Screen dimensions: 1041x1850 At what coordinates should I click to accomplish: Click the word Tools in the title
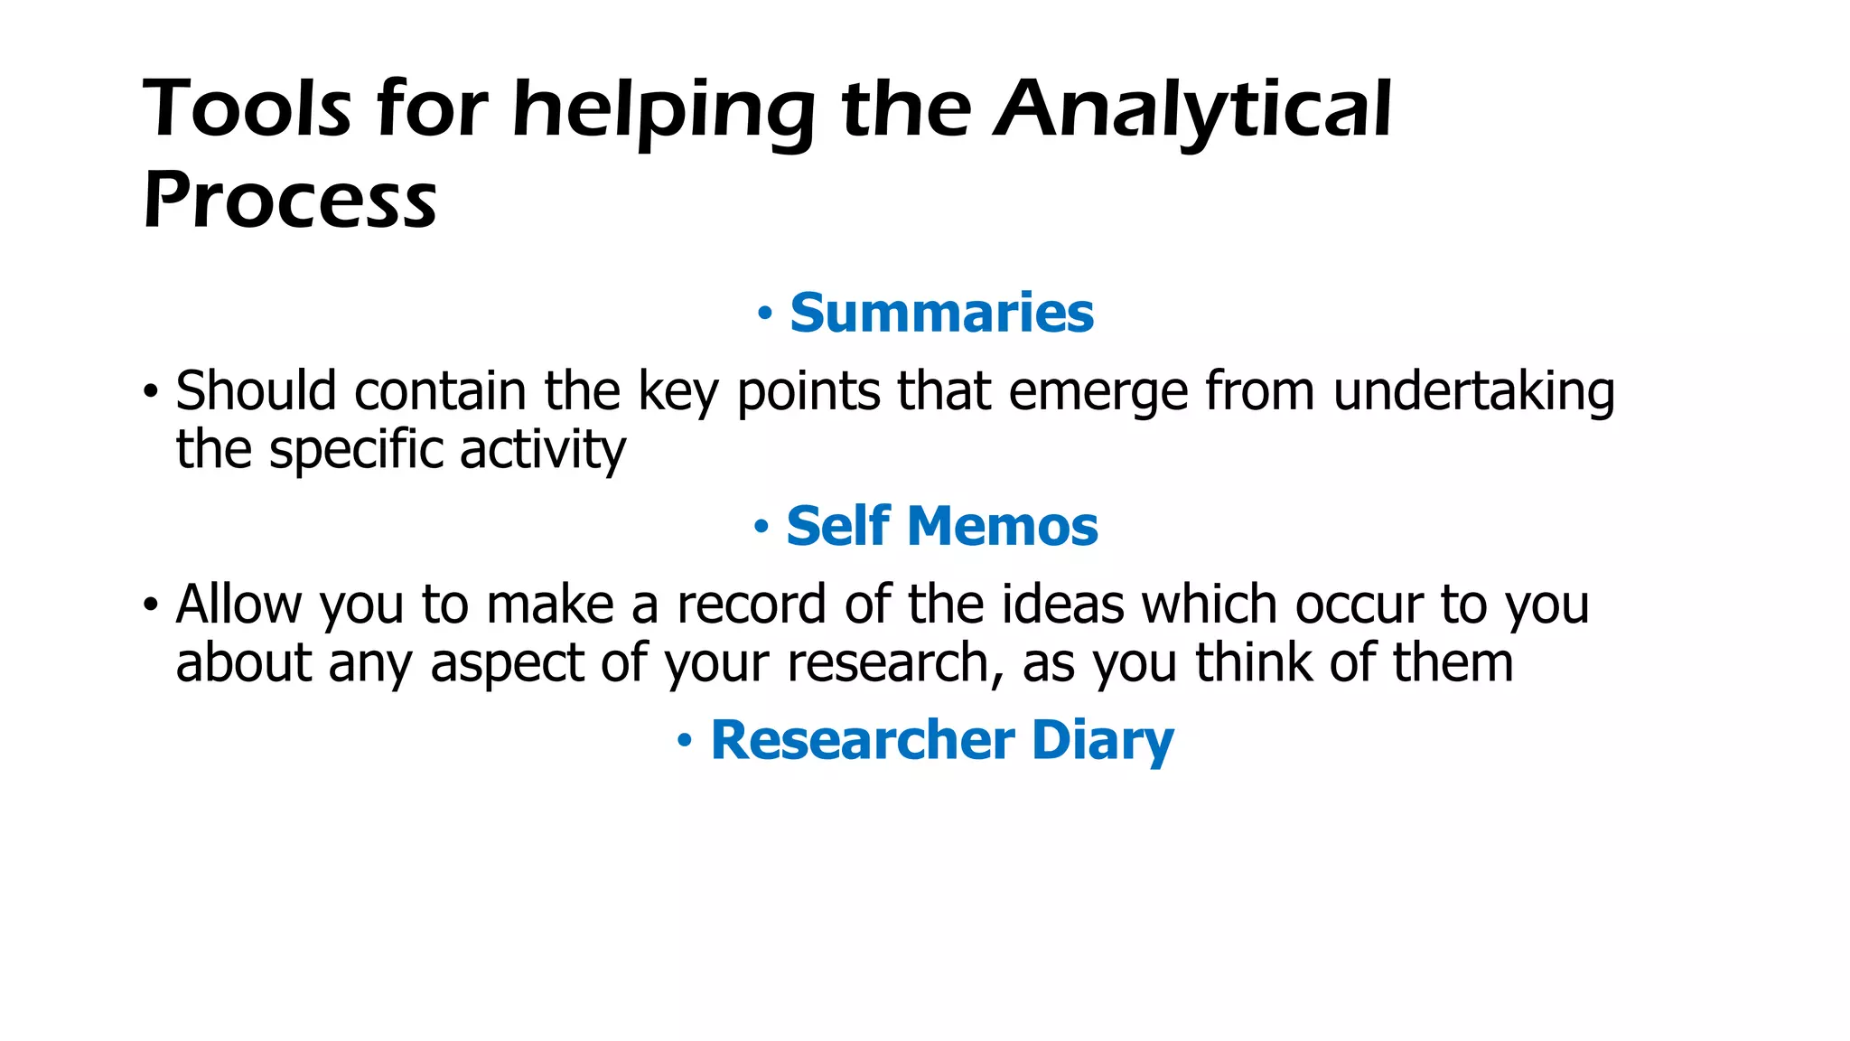point(247,109)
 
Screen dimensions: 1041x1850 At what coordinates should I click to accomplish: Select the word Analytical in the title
point(1192,109)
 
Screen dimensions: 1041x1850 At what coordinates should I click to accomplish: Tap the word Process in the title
point(290,200)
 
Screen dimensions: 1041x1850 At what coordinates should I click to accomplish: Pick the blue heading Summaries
point(941,313)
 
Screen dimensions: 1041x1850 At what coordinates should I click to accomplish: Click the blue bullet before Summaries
point(765,314)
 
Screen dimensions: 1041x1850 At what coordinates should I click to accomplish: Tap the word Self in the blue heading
point(838,526)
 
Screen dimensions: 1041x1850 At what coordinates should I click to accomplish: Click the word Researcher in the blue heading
point(863,740)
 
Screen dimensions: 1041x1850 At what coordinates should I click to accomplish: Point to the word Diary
point(1102,742)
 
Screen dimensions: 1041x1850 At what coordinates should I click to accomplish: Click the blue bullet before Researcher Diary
point(685,742)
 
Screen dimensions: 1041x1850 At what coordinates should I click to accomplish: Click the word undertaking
point(1473,393)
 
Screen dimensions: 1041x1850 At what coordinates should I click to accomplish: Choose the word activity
point(542,450)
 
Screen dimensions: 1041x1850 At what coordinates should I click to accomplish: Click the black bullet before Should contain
point(151,393)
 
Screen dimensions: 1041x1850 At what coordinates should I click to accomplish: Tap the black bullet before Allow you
point(151,605)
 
